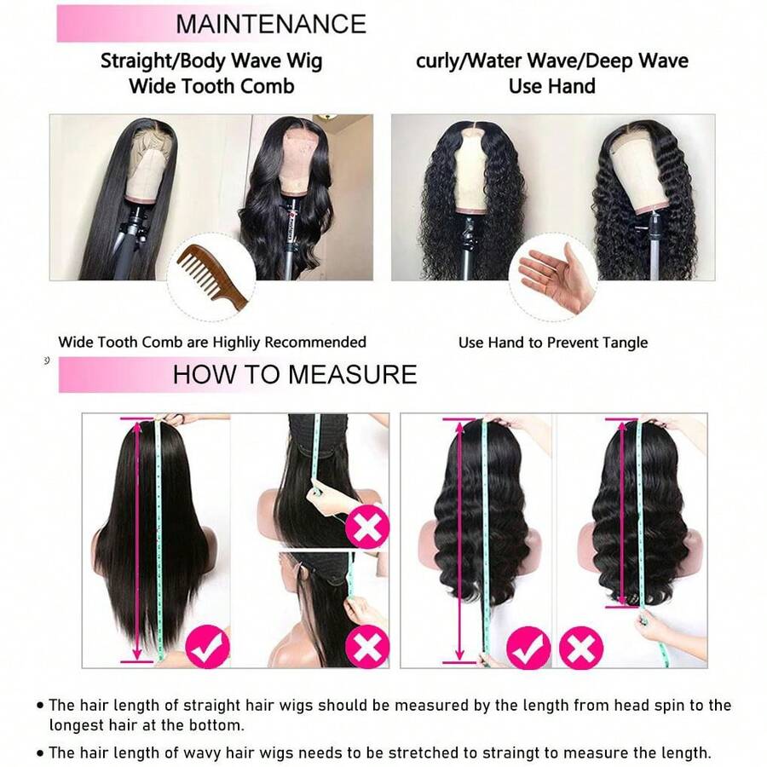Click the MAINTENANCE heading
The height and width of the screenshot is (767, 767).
click(271, 24)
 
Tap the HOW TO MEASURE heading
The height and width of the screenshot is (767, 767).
click(295, 374)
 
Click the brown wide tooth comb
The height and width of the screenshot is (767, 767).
click(212, 279)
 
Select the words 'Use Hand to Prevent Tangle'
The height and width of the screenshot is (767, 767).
click(553, 343)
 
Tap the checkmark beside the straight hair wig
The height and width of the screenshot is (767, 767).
click(208, 646)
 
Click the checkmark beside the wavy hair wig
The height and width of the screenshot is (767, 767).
click(528, 648)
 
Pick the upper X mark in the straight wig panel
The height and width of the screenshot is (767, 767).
click(367, 528)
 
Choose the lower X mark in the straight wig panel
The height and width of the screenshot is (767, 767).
click(367, 646)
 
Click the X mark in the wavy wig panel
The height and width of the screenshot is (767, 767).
click(581, 648)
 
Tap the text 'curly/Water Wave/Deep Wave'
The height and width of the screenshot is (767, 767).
click(551, 61)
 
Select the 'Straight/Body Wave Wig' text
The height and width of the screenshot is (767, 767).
click(211, 61)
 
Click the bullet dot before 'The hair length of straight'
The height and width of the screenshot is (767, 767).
click(40, 706)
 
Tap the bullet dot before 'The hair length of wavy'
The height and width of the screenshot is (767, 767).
click(40, 753)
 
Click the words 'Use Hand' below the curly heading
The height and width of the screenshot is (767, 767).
click(551, 86)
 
